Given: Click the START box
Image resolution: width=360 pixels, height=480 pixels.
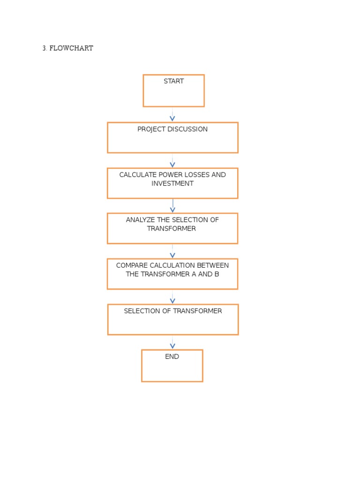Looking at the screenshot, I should pyautogui.click(x=173, y=90).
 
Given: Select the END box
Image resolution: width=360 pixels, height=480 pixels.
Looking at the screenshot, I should pyautogui.click(x=172, y=366).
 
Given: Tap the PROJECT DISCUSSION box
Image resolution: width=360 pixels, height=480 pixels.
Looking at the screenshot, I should pyautogui.click(x=172, y=137).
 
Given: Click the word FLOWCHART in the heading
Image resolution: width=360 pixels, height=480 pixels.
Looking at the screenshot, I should pyautogui.click(x=71, y=48).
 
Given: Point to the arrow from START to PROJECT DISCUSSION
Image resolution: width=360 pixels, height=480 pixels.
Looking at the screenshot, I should pyautogui.click(x=172, y=115).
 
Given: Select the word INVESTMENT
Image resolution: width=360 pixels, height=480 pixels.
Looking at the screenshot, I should pyautogui.click(x=172, y=184).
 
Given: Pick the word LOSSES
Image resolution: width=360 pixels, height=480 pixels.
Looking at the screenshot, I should pyautogui.click(x=198, y=175).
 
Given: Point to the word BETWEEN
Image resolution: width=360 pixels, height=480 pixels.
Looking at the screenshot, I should pyautogui.click(x=214, y=265).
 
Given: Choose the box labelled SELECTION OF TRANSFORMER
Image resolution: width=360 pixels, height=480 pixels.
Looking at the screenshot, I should pyautogui.click(x=173, y=319).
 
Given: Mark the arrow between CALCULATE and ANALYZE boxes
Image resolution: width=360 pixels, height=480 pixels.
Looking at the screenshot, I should pyautogui.click(x=172, y=206).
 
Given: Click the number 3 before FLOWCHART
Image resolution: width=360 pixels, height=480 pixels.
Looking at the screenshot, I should pyautogui.click(x=44, y=48).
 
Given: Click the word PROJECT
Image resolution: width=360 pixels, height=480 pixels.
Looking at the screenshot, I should pyautogui.click(x=150, y=129).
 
